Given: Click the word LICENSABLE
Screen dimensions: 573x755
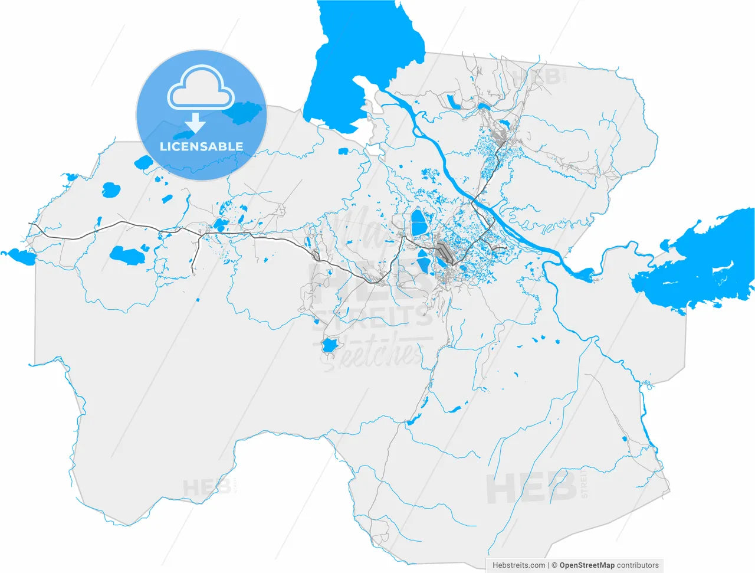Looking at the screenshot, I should tap(201, 146).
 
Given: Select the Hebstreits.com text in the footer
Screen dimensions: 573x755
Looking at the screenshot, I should tap(519, 565).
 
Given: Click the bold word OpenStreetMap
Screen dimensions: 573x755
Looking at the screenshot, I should tap(587, 565).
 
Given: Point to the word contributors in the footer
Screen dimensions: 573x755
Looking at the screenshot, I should tap(638, 565).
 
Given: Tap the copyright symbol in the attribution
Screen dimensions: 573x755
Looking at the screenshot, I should tap(554, 565).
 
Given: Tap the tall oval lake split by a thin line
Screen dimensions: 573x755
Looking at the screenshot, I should tap(418, 223).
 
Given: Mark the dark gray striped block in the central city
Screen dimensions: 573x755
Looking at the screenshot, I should tap(445, 254).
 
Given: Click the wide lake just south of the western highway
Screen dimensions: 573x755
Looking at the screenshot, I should tap(126, 255).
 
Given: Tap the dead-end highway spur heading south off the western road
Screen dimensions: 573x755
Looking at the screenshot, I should tap(195, 260).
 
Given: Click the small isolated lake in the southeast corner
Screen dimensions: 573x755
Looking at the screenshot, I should tap(625, 438).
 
